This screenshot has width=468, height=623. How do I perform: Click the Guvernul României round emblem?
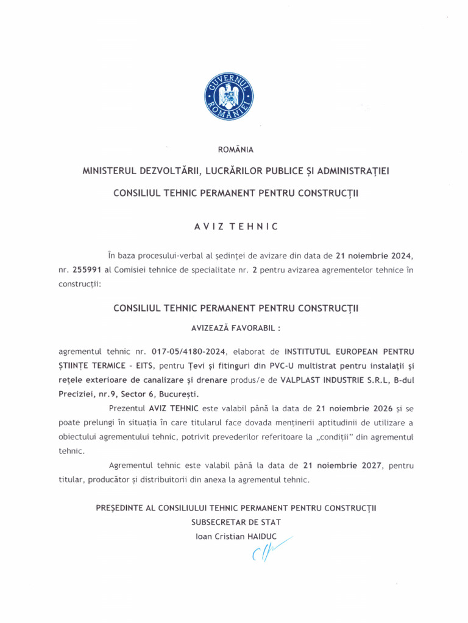229,96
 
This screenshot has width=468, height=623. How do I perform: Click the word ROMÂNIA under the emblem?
236,150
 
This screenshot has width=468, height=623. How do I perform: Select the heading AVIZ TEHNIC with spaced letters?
236,226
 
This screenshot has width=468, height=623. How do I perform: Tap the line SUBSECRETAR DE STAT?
236,522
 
